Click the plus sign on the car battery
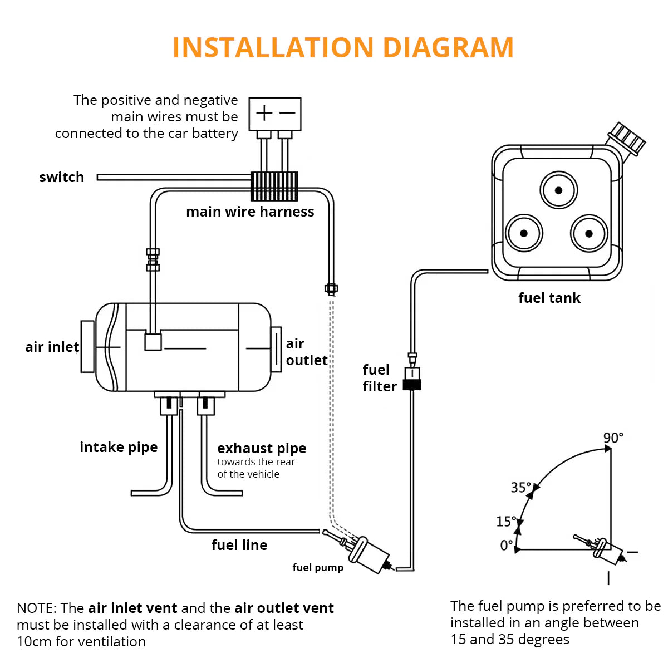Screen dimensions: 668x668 [x=264, y=114]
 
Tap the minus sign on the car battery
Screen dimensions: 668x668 [x=287, y=114]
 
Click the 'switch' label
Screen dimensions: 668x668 [x=61, y=178]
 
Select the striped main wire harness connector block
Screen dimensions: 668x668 [x=274, y=186]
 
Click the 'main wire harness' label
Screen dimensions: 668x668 [x=250, y=212]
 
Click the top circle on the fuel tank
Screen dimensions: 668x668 [x=558, y=190]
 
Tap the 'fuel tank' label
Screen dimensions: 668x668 [x=549, y=298]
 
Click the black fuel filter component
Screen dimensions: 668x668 [x=412, y=384]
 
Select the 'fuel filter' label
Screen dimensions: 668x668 [x=380, y=378]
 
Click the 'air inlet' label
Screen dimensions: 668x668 [x=52, y=347]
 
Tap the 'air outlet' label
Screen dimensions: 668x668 [x=306, y=352]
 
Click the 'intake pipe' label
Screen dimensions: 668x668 [x=119, y=448]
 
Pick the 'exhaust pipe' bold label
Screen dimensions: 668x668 [x=262, y=449]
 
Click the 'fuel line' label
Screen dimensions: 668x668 [x=239, y=546]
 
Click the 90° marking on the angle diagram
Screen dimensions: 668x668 [x=613, y=438]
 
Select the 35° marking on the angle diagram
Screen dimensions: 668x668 [x=521, y=488]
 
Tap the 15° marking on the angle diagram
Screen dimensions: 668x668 [x=506, y=522]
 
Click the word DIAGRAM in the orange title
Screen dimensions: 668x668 [x=448, y=47]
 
